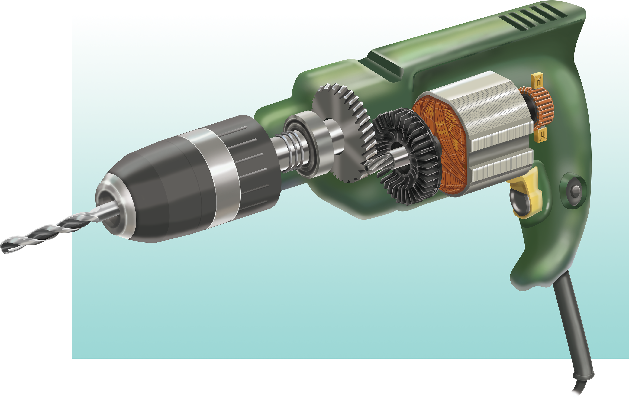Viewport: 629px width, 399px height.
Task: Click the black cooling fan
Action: tap(408, 157)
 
